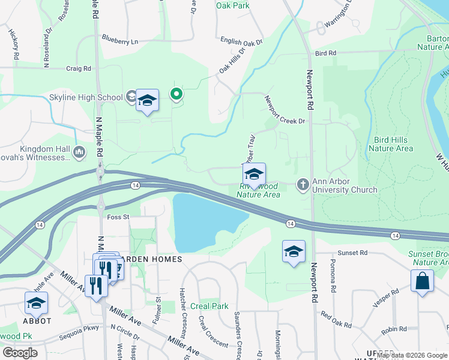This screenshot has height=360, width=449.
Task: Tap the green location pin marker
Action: pos(176,94)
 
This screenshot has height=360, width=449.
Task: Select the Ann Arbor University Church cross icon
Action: pos(303,184)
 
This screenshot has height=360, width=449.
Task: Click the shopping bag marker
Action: pos(422,281)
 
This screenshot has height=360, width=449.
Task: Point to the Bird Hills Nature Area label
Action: pos(390,143)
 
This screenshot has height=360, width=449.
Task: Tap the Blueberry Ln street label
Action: pos(120,41)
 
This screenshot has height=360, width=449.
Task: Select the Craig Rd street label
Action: pos(79,68)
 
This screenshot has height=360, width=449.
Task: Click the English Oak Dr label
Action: pos(241,42)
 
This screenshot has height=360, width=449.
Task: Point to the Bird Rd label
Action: pos(325,53)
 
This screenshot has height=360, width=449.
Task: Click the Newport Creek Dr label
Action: pos(285,112)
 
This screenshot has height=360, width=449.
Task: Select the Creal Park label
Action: pos(209,306)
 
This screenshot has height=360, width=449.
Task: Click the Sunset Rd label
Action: pos(352,253)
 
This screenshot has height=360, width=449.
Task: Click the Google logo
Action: pos(20,353)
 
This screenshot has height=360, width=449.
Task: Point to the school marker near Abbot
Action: pos(36,303)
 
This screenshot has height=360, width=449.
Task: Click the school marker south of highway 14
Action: pos(294,251)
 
